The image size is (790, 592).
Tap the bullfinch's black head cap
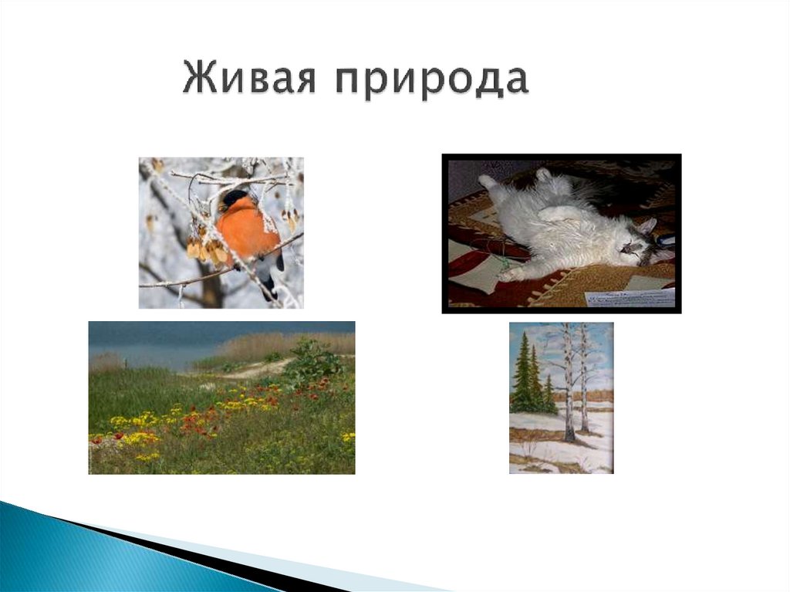click(x=235, y=198)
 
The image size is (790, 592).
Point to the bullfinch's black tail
click(x=268, y=287)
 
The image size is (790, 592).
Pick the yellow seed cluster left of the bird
click(x=201, y=249)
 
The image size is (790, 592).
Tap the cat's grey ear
click(x=647, y=225)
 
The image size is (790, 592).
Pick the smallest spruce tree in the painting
click(x=549, y=395)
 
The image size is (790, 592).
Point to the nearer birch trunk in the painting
click(x=568, y=386)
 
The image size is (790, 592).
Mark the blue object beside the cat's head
click(x=664, y=242)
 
